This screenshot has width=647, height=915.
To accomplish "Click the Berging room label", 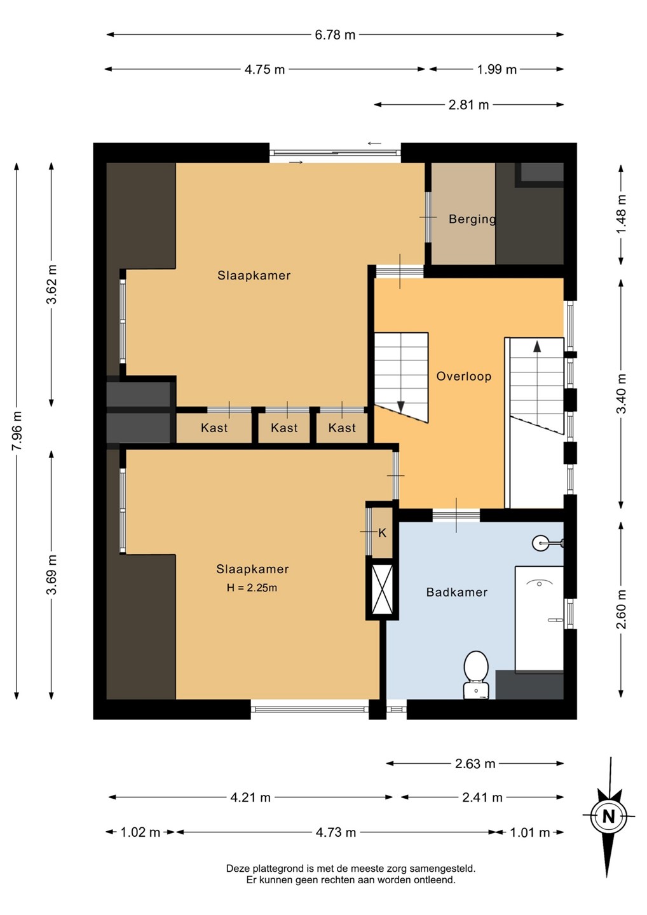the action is pyautogui.click(x=472, y=219).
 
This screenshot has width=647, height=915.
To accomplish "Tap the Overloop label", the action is pyautogui.click(x=463, y=376).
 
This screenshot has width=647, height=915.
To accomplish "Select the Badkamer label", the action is pyautogui.click(x=457, y=592).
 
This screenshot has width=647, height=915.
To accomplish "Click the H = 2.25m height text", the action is pyautogui.click(x=252, y=588).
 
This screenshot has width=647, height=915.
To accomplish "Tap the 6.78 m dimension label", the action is pyautogui.click(x=335, y=35).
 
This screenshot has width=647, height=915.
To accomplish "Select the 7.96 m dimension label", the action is pyautogui.click(x=17, y=431).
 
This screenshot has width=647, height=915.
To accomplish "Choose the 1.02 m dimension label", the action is pyautogui.click(x=140, y=832).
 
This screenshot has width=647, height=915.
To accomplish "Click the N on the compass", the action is pyautogui.click(x=609, y=817).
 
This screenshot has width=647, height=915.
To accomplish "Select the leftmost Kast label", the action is pyautogui.click(x=214, y=428).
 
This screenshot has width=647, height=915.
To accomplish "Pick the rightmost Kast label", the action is pyautogui.click(x=342, y=428).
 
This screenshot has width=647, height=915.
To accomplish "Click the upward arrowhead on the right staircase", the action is pyautogui.click(x=536, y=347).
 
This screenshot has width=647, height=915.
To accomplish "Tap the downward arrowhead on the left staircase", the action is pyautogui.click(x=400, y=407).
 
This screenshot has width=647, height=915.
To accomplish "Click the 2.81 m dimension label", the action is pyautogui.click(x=468, y=105).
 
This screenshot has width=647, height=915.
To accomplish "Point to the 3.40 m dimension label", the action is pyautogui.click(x=621, y=393).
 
